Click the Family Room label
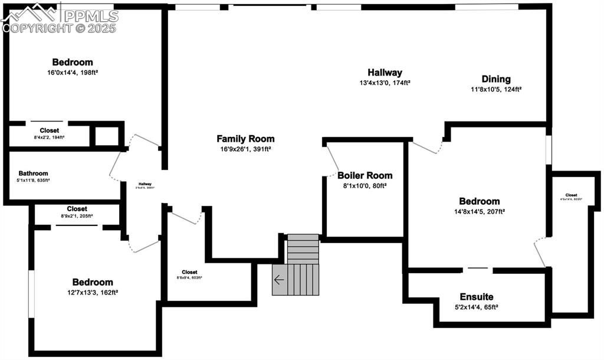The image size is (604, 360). pyautogui.click(x=245, y=139)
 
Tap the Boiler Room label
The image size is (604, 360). pyautogui.click(x=365, y=175)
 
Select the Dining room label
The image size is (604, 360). pyautogui.click(x=496, y=79)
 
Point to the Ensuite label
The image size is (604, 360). pyautogui.click(x=477, y=297)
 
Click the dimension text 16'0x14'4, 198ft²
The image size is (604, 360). pyautogui.click(x=73, y=73)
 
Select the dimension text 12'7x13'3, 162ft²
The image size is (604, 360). pyautogui.click(x=93, y=292)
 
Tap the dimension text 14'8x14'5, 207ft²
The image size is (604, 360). pyautogui.click(x=480, y=211)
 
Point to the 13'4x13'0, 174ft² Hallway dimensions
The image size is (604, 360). pyautogui.click(x=385, y=83)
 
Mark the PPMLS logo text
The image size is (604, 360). pyautogui.click(x=89, y=15)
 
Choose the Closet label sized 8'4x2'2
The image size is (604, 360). pyautogui.click(x=50, y=130)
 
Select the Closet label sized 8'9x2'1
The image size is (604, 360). pyautogui.click(x=77, y=209)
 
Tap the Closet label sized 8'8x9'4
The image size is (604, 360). pyautogui.click(x=189, y=272)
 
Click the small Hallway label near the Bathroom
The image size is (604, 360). pyautogui.click(x=145, y=184)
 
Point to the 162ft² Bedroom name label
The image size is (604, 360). pyautogui.click(x=93, y=282)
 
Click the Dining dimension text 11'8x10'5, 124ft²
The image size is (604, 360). pyautogui.click(x=496, y=90)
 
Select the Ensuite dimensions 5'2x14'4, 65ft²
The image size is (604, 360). pyautogui.click(x=477, y=307)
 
